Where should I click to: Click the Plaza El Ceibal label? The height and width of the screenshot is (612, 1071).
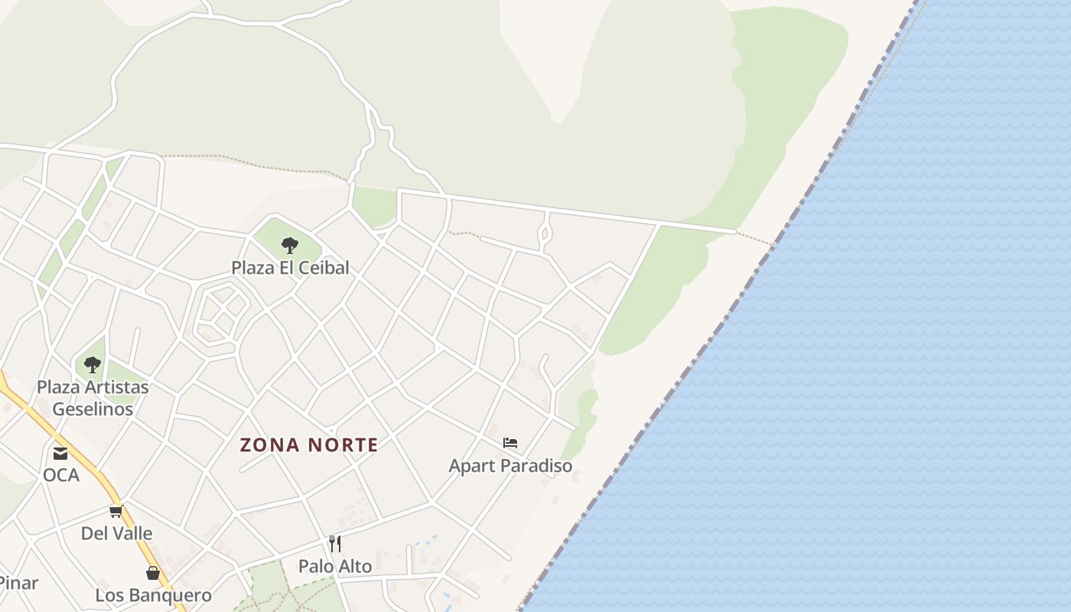pyautogui.click(x=290, y=268)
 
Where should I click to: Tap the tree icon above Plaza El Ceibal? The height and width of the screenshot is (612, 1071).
pyautogui.click(x=289, y=246)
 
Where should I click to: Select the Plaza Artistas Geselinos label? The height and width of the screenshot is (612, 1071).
pyautogui.click(x=93, y=398)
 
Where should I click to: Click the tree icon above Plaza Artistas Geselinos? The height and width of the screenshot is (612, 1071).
pyautogui.click(x=93, y=365)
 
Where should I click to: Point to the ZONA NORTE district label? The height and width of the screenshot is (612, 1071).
pyautogui.click(x=309, y=444)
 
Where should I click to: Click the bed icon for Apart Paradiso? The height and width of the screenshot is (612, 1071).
pyautogui.click(x=510, y=443)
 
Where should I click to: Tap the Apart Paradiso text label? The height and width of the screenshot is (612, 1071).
pyautogui.click(x=510, y=465)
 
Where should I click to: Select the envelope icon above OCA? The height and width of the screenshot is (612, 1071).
pyautogui.click(x=60, y=454)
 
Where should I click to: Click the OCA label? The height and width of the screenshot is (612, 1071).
pyautogui.click(x=60, y=475)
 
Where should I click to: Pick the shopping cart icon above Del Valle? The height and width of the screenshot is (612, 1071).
pyautogui.click(x=116, y=511)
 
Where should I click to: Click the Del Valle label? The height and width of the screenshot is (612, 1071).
pyautogui.click(x=116, y=533)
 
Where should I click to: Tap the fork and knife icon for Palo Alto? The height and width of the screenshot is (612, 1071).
pyautogui.click(x=335, y=544)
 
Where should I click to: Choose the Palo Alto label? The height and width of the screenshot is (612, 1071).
pyautogui.click(x=335, y=566)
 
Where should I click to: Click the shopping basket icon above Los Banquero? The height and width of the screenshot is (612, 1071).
pyautogui.click(x=153, y=573)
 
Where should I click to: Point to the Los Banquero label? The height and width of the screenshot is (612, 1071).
pyautogui.click(x=153, y=595)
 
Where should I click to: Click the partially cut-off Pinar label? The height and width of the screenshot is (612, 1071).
pyautogui.click(x=18, y=584)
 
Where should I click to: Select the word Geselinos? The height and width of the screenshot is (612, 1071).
pyautogui.click(x=93, y=409)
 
